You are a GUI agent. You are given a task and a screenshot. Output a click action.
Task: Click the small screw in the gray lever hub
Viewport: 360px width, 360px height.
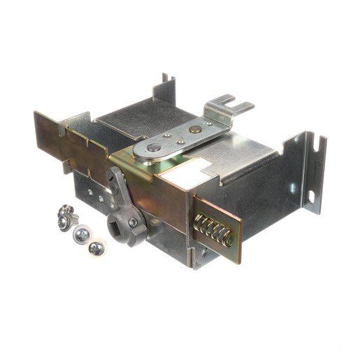pyautogui.click(x=133, y=222)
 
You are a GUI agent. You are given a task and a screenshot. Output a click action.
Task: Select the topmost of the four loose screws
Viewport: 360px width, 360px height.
pyautogui.click(x=67, y=210)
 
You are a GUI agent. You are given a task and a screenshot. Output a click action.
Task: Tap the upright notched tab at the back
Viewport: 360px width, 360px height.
pyautogui.click(x=167, y=85)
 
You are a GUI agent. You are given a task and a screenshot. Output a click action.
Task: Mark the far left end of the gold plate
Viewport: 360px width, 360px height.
pyautogui.click(x=38, y=129)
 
